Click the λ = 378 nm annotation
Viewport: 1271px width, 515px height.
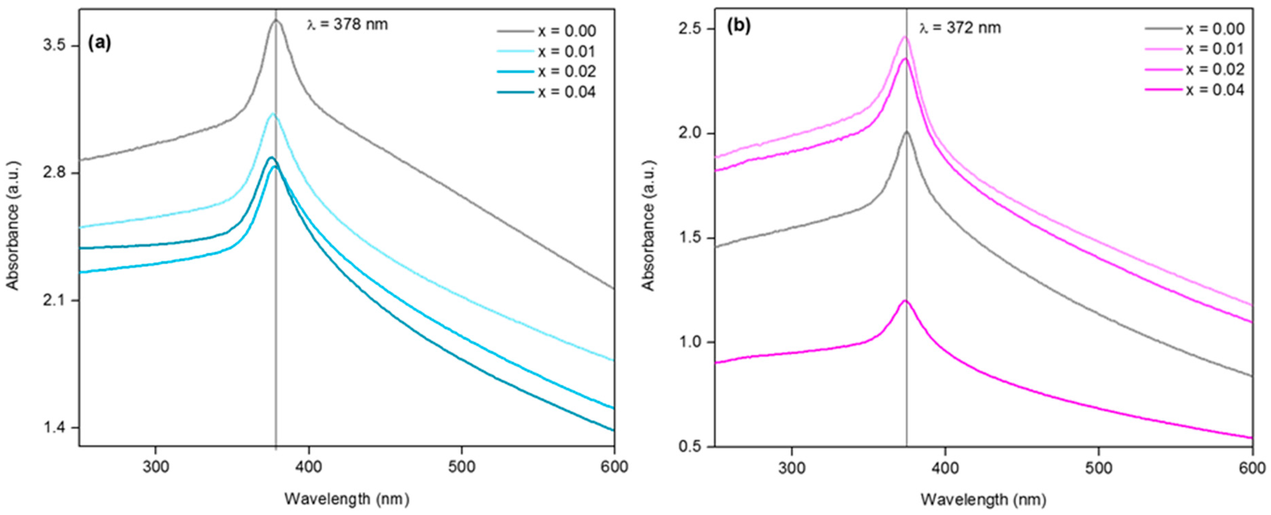click(x=347, y=24)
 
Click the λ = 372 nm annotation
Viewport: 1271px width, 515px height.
click(x=960, y=28)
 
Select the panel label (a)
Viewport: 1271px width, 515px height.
click(x=99, y=43)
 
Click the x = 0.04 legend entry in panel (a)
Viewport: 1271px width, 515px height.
click(x=566, y=92)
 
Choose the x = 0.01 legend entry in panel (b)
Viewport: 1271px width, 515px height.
click(x=1215, y=49)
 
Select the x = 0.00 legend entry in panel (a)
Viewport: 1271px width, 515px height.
click(x=566, y=31)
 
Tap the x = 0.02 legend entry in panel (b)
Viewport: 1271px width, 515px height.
click(x=1215, y=69)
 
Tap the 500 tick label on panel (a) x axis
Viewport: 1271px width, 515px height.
click(x=461, y=466)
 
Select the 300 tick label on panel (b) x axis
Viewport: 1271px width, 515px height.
click(x=791, y=466)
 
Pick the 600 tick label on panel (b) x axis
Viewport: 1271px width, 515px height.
click(x=1252, y=466)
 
